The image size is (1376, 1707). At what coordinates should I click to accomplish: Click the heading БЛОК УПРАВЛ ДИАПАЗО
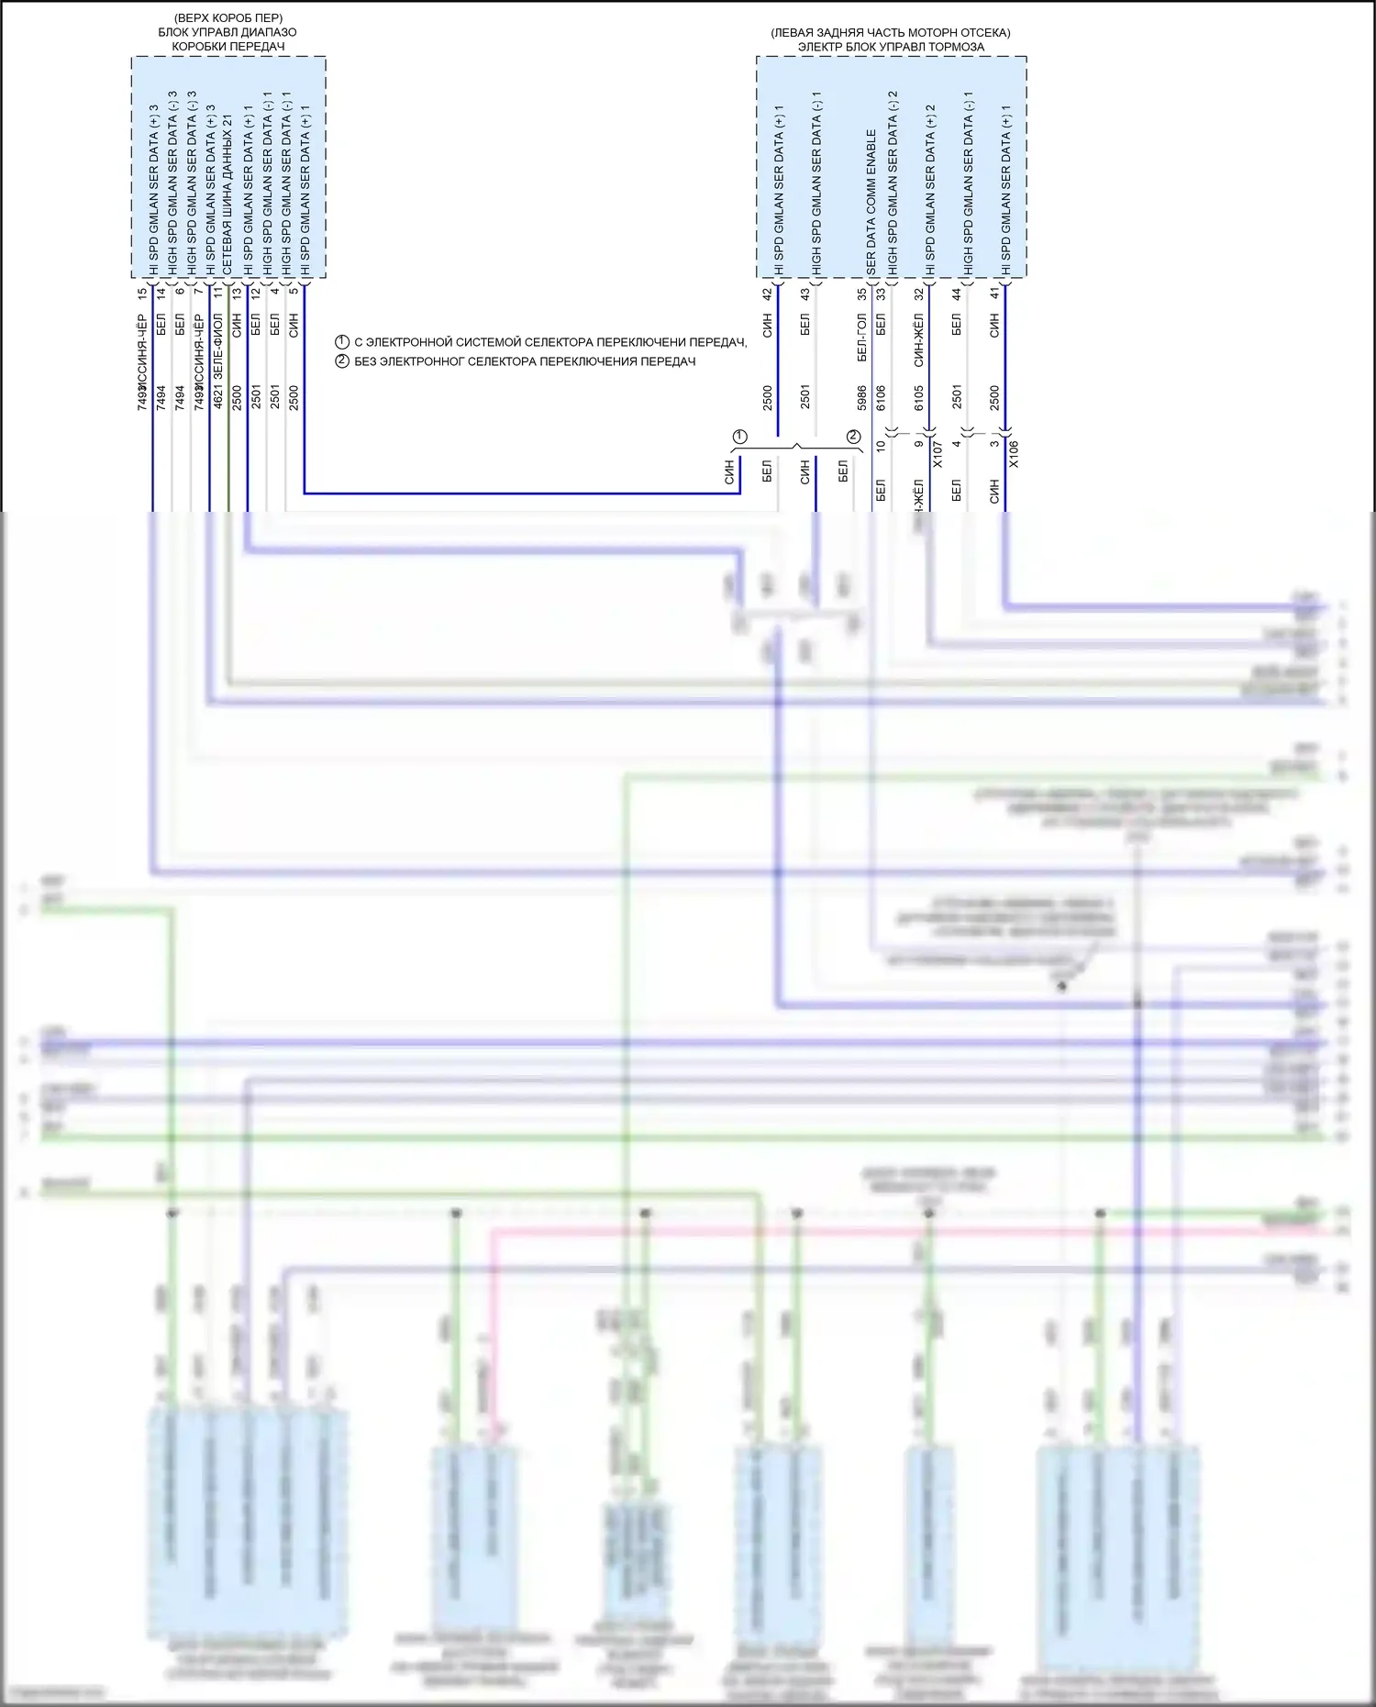(x=227, y=32)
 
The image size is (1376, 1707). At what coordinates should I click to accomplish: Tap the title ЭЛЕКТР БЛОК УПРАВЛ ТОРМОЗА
(x=891, y=47)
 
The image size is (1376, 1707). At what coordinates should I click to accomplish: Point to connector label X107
(x=938, y=454)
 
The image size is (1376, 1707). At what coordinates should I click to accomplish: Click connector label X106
(x=1014, y=454)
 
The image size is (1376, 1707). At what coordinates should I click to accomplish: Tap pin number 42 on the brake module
(x=768, y=294)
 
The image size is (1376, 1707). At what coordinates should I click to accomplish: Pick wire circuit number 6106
(x=881, y=397)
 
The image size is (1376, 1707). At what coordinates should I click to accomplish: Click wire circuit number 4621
(x=218, y=397)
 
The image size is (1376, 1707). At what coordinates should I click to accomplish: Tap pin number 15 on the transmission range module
(x=142, y=294)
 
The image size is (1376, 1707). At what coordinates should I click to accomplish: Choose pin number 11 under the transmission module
(x=218, y=294)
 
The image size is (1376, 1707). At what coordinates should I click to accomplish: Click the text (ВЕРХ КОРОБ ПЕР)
(x=227, y=18)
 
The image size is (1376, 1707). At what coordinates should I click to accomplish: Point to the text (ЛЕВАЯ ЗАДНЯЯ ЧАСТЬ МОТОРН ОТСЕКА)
(x=891, y=33)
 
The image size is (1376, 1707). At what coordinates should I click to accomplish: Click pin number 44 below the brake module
(x=957, y=294)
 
